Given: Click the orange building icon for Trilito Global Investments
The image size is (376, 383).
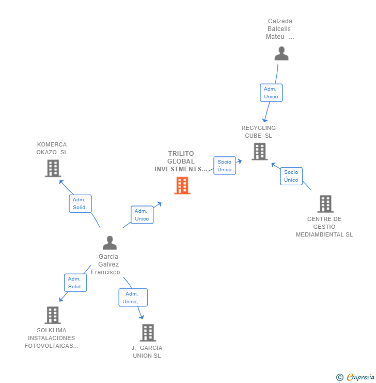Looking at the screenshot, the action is (x=182, y=185).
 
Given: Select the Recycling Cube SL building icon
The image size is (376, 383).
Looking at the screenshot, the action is (x=259, y=152).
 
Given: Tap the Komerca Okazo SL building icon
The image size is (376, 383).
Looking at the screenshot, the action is (x=53, y=168).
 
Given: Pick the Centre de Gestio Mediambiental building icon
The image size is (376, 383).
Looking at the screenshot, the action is (x=325, y=204).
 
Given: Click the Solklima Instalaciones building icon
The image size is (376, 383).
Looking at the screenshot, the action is (x=52, y=315).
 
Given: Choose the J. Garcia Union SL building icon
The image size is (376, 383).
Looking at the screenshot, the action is (x=148, y=333).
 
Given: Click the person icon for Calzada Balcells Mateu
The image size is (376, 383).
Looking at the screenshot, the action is (x=281, y=53).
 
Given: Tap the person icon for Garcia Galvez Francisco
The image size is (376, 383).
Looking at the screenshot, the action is (x=109, y=243).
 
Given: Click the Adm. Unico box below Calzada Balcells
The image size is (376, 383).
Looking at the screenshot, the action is (x=271, y=93).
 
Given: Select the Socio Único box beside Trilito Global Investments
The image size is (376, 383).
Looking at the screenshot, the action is (x=224, y=166).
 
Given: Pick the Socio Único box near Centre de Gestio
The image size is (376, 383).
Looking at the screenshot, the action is (x=291, y=176).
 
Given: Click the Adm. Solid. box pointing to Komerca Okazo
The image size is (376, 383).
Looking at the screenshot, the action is (x=80, y=203).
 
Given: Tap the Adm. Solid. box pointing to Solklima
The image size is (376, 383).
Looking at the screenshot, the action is (x=75, y=283).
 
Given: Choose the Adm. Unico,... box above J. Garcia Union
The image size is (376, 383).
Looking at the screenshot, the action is (x=133, y=298).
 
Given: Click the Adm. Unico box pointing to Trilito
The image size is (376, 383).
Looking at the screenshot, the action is (x=142, y=215).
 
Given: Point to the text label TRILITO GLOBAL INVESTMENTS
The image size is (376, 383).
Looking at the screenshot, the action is (x=181, y=161).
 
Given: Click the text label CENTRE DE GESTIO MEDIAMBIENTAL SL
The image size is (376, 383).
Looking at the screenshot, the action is (x=324, y=227).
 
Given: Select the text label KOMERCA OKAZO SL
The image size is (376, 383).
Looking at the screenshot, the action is (x=52, y=149).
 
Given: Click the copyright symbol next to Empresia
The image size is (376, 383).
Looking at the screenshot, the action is (x=339, y=377).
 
